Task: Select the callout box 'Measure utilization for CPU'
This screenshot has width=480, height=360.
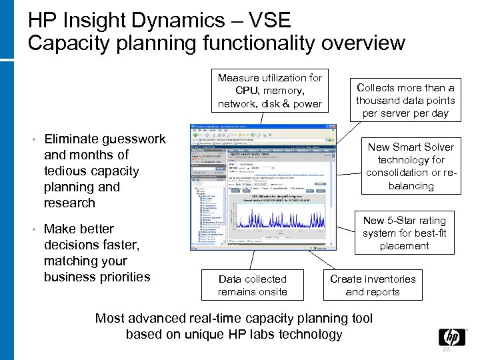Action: point(269,91)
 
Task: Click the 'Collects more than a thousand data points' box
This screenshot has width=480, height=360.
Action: point(405,101)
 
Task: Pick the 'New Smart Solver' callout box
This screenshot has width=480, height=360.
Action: point(410,166)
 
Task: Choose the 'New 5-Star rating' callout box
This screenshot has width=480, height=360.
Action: point(404,233)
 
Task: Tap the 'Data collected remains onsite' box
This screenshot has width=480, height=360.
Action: point(253,285)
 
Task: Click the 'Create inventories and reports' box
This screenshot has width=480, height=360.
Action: point(373,285)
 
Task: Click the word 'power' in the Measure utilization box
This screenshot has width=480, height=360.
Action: point(306,103)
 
